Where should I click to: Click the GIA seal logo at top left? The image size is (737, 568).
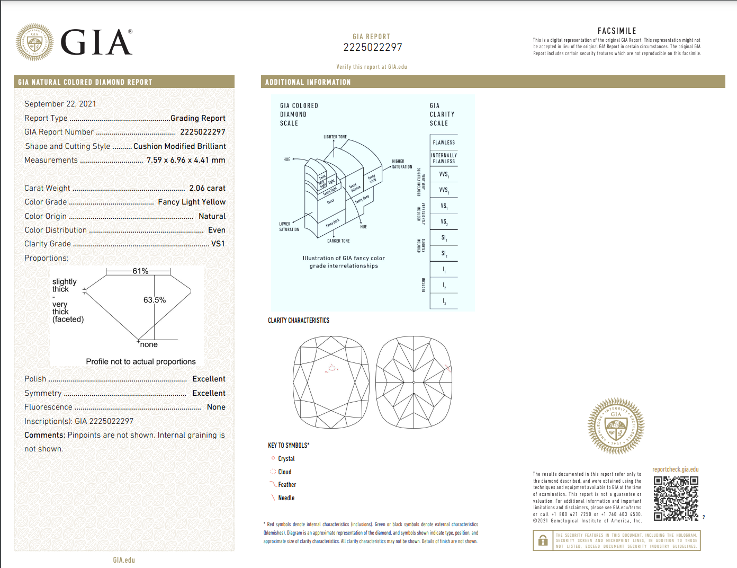click(x=34, y=42)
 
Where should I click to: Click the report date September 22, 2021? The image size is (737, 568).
click(x=60, y=104)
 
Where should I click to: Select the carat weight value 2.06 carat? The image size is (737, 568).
click(x=207, y=188)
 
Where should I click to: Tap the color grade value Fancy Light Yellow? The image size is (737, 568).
click(x=192, y=202)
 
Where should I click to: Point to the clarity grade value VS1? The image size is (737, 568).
click(x=218, y=244)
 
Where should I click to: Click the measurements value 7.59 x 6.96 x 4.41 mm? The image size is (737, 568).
click(x=186, y=160)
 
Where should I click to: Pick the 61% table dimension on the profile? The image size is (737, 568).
click(x=140, y=271)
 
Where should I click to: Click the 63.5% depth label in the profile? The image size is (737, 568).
click(x=155, y=300)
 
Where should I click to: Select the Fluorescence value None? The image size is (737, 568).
click(x=216, y=407)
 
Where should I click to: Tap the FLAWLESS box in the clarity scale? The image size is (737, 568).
click(x=444, y=143)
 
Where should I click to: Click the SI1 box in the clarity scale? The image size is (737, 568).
click(x=444, y=238)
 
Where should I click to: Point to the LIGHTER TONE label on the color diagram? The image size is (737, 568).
click(x=335, y=137)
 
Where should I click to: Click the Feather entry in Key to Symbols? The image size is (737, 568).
click(x=286, y=485)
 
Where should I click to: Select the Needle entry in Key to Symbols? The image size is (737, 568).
click(x=286, y=498)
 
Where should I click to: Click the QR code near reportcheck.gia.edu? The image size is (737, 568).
click(x=676, y=498)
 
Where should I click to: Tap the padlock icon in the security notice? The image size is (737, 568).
click(x=543, y=541)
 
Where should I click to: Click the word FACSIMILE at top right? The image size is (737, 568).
click(x=617, y=31)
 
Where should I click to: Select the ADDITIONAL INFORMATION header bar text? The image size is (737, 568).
click(x=308, y=82)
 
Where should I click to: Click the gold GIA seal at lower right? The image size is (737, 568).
click(x=616, y=426)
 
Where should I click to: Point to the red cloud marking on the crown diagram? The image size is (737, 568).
click(x=332, y=368)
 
